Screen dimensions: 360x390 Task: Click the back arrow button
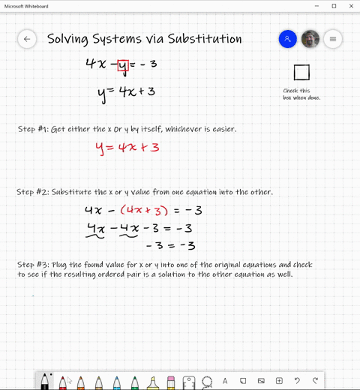click(27, 39)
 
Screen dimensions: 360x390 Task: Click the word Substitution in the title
click(194, 39)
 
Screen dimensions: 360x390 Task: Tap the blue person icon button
click(287, 39)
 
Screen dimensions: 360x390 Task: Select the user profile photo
click(310, 39)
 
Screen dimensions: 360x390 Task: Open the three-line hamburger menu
click(333, 39)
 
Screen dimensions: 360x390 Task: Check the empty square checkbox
click(301, 72)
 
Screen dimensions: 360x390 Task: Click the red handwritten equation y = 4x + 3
click(127, 147)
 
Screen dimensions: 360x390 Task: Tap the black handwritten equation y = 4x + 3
click(126, 92)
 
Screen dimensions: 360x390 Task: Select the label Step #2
click(32, 192)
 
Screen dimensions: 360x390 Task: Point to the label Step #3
click(32, 265)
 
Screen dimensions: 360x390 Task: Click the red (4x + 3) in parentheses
click(144, 211)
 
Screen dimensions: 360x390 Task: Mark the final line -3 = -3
click(169, 245)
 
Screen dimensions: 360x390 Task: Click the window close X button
click(351, 6)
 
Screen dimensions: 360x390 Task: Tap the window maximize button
click(334, 6)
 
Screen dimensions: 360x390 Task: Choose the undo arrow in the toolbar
click(297, 381)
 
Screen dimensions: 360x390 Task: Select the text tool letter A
click(225, 381)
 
